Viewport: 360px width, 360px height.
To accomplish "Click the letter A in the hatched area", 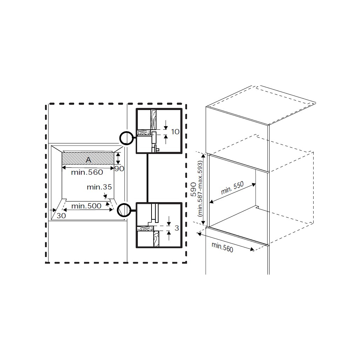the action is (x=88, y=160).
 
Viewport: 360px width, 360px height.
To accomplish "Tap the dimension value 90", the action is (x=119, y=169).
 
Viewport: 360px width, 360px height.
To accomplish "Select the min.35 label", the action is (x=99, y=187).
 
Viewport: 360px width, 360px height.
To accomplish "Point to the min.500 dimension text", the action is (x=86, y=206).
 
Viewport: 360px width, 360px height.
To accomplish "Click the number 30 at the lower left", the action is (x=61, y=216).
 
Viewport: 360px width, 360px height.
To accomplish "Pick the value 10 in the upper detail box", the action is (x=175, y=132).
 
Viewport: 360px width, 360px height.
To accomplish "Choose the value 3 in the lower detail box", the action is (x=177, y=228).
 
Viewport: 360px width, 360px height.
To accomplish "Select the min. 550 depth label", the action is (x=232, y=188).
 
